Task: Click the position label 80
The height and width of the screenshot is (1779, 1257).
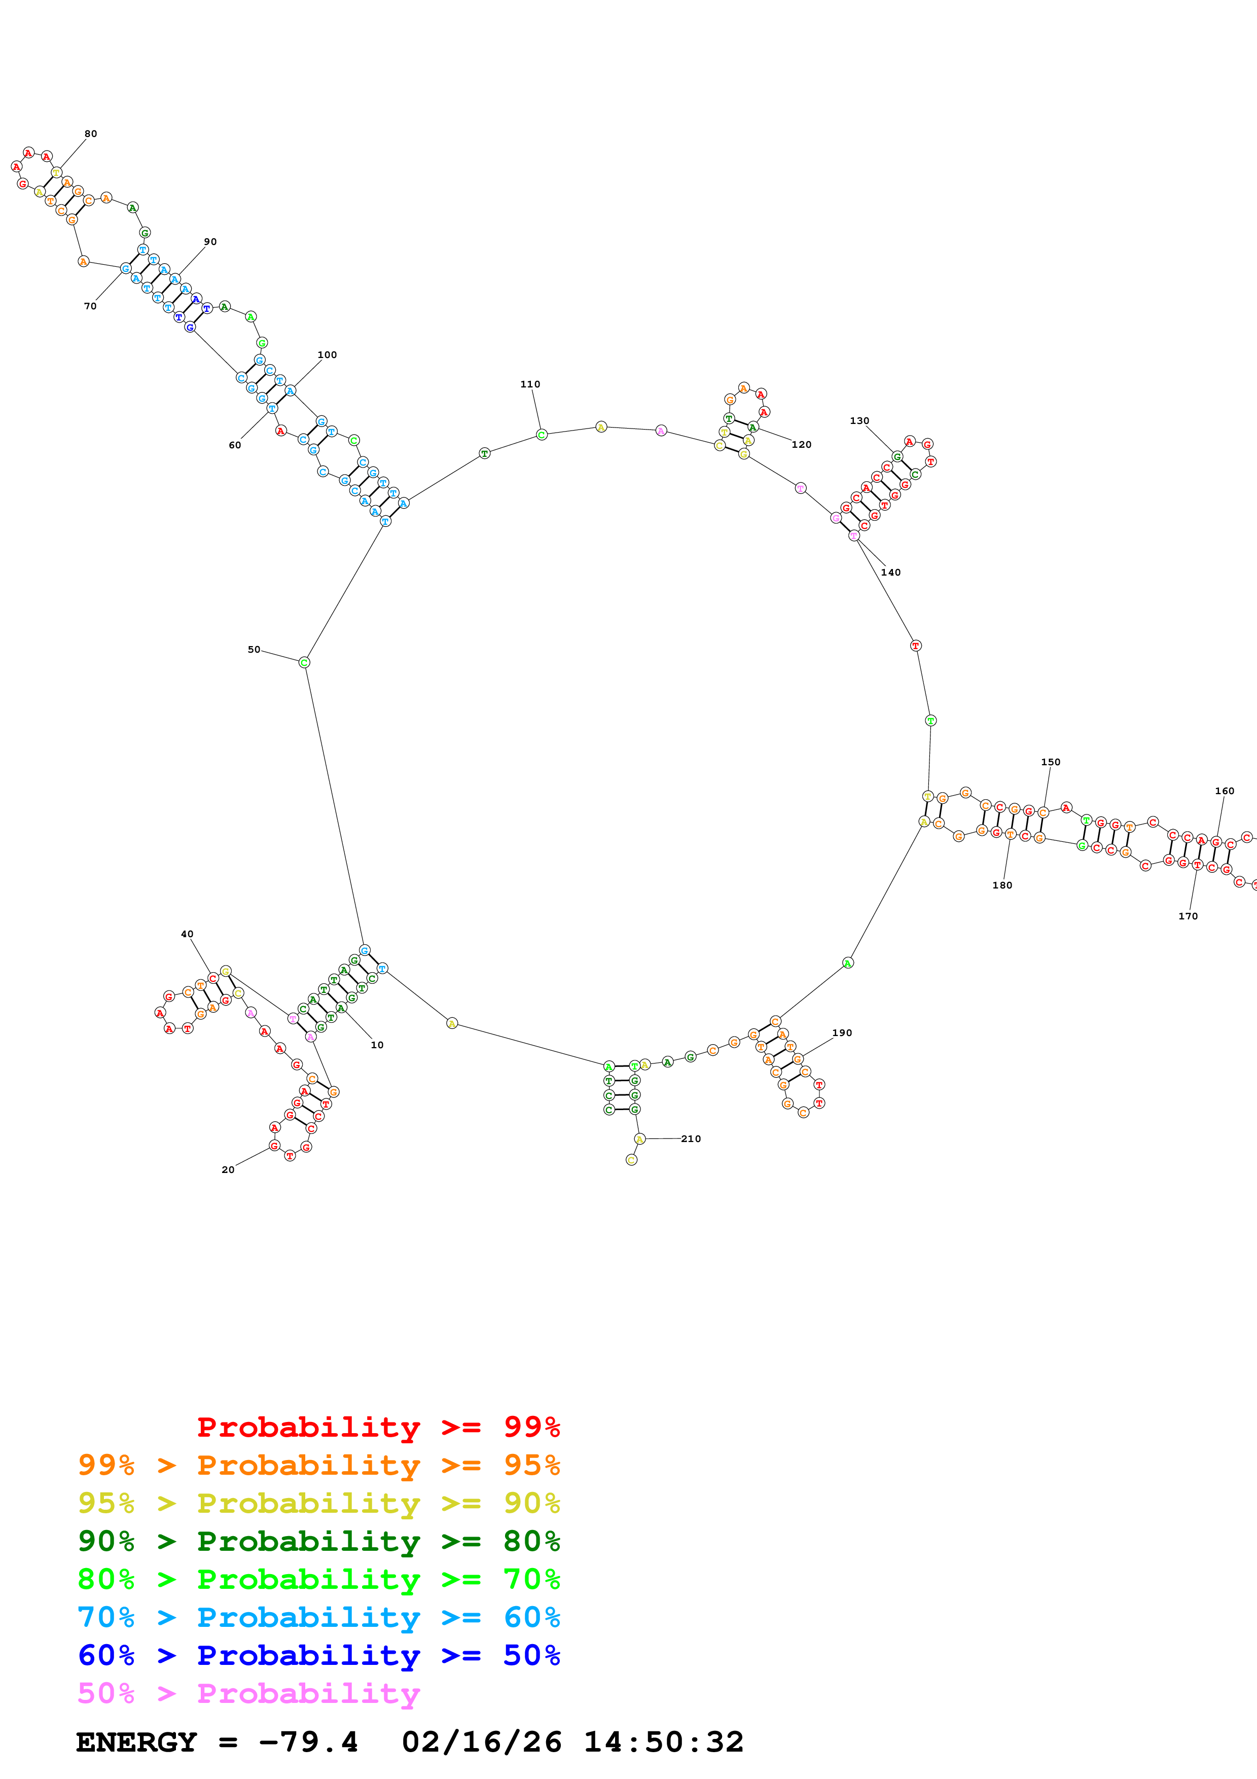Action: pos(91,134)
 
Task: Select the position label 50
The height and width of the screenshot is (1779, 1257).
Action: pos(253,649)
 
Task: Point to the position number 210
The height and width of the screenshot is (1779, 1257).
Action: pos(691,1138)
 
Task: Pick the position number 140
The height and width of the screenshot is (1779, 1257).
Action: pos(891,573)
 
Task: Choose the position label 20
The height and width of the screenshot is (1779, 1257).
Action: pos(228,1169)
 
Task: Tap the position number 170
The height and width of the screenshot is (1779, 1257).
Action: pos(1188,916)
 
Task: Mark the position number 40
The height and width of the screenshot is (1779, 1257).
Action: pos(187,934)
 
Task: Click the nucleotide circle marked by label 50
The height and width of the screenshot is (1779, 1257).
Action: pos(304,662)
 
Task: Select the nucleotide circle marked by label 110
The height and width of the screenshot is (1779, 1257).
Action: pos(542,435)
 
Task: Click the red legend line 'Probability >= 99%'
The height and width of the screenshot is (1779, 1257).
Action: pos(378,1427)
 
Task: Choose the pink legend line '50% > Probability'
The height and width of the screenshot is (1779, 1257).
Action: pos(248,1693)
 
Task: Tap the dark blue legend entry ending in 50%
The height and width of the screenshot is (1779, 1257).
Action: pos(318,1655)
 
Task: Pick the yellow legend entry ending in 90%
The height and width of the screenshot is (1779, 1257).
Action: pos(318,1503)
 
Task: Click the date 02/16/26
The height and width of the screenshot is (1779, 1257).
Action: pos(481,1742)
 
